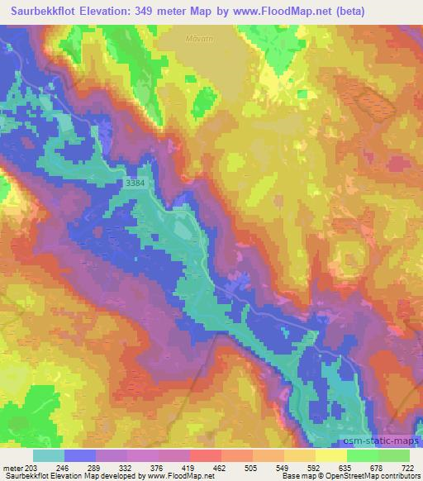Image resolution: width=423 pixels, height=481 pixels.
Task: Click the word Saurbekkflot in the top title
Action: [x=50, y=12]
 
